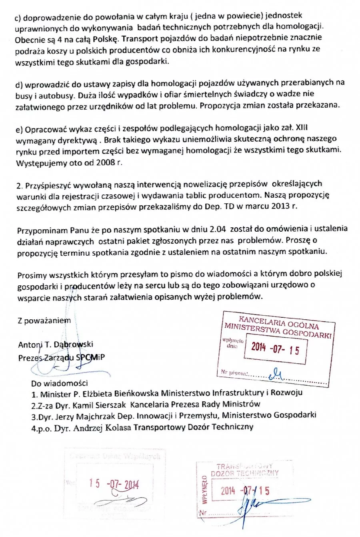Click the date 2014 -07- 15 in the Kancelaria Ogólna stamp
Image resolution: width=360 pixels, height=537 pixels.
pos(275,349)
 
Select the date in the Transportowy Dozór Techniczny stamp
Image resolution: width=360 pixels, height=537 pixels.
pos(245,491)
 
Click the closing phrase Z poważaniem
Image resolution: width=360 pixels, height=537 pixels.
pos(44,321)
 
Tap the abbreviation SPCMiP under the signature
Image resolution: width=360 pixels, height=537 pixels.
pos(91,357)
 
